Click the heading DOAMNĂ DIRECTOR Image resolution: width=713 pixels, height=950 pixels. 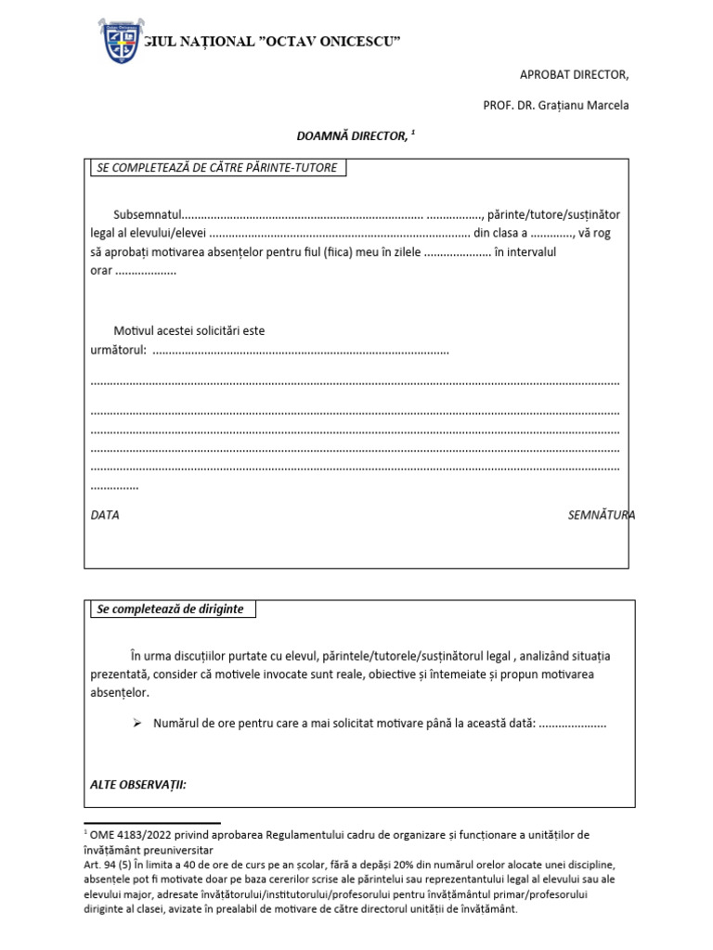click(x=352, y=136)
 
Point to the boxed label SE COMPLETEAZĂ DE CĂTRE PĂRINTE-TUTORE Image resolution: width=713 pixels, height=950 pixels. click(x=217, y=168)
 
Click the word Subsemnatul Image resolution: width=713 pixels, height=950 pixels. click(x=149, y=214)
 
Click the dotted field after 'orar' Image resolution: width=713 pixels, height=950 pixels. click(x=146, y=272)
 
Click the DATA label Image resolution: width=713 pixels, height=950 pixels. click(x=105, y=515)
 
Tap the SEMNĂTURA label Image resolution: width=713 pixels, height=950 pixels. click(x=601, y=515)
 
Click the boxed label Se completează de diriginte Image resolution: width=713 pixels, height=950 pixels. click(x=171, y=610)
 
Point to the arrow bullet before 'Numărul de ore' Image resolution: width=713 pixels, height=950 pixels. click(x=136, y=723)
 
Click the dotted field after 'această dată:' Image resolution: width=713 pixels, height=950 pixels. click(x=572, y=723)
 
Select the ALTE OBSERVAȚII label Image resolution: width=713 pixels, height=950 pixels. click(x=138, y=785)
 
